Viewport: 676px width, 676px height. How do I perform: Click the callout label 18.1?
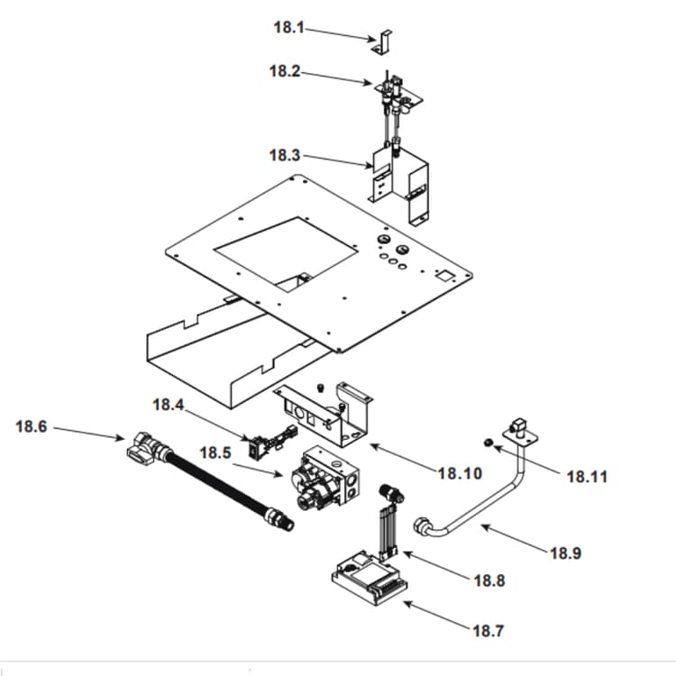coord(288,27)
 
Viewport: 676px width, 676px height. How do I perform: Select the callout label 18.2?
coord(284,70)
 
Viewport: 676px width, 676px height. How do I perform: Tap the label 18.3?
coord(284,155)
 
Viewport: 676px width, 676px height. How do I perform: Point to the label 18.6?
coord(32,426)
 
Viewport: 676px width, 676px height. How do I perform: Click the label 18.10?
coord(460,473)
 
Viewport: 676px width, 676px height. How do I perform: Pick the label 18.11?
coord(587,476)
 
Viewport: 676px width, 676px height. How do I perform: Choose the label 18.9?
coord(565,553)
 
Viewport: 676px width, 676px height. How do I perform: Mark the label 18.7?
coord(488,631)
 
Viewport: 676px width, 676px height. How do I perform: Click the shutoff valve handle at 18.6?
coord(142,446)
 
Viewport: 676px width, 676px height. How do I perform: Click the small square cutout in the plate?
coord(443,273)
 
